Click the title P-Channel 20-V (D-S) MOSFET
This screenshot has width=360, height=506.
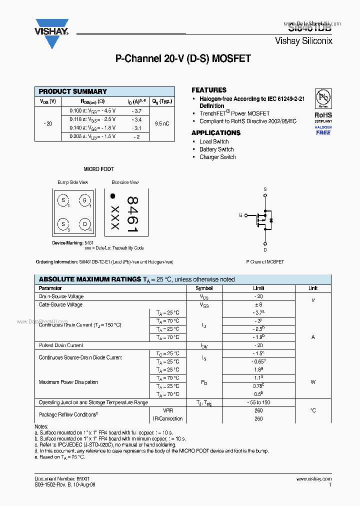[x=183, y=59]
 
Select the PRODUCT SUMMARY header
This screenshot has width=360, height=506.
[x=72, y=91]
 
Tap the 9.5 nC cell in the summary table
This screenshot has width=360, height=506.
[x=162, y=123]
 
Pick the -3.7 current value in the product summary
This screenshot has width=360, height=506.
[x=136, y=111]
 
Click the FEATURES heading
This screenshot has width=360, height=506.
[x=209, y=90]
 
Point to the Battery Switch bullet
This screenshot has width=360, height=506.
[x=216, y=149]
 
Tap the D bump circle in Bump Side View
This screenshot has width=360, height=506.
[x=85, y=224]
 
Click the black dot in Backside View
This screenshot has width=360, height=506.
[x=113, y=196]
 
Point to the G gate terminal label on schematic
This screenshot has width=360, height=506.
[x=240, y=215]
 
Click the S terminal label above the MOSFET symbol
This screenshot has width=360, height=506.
[x=265, y=189]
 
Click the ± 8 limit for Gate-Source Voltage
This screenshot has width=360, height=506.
[x=258, y=304]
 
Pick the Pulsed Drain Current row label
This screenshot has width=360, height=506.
[x=61, y=345]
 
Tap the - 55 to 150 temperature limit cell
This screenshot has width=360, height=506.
[x=258, y=402]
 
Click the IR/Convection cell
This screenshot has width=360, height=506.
[x=167, y=418]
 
